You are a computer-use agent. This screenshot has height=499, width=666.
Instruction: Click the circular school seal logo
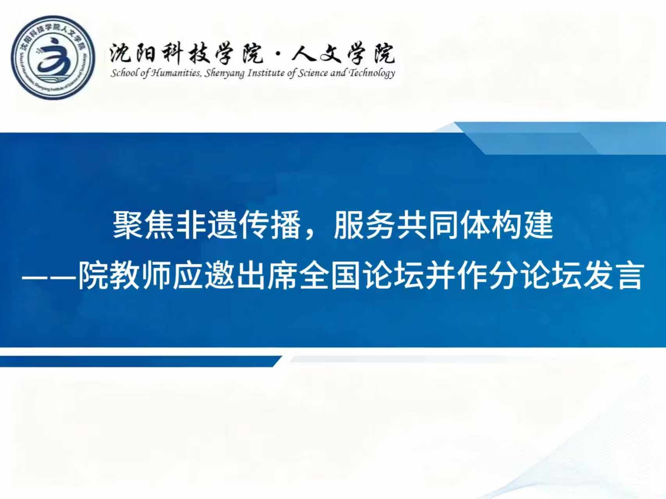click(53, 58)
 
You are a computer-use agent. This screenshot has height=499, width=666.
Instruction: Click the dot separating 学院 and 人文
click(278, 55)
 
